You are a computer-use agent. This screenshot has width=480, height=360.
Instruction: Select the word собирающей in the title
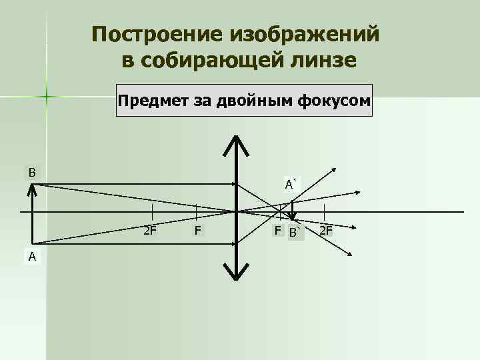pos(217,61)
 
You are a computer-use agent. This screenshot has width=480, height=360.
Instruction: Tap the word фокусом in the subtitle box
pos(334,101)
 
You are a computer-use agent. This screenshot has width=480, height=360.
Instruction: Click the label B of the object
pos(31,172)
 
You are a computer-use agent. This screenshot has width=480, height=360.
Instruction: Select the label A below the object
pos(32,256)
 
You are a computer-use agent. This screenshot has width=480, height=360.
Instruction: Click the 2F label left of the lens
pos(151,231)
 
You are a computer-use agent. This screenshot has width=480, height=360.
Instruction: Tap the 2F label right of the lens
pos(326,231)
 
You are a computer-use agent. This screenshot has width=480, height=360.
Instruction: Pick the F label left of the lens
pos(197,231)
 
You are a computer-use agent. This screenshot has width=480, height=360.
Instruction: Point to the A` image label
pos(291,185)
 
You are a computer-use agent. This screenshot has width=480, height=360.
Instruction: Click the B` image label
pos(295,232)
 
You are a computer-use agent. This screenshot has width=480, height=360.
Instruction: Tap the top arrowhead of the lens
pos(235,143)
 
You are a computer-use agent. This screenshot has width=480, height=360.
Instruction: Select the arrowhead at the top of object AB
pos(31,189)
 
